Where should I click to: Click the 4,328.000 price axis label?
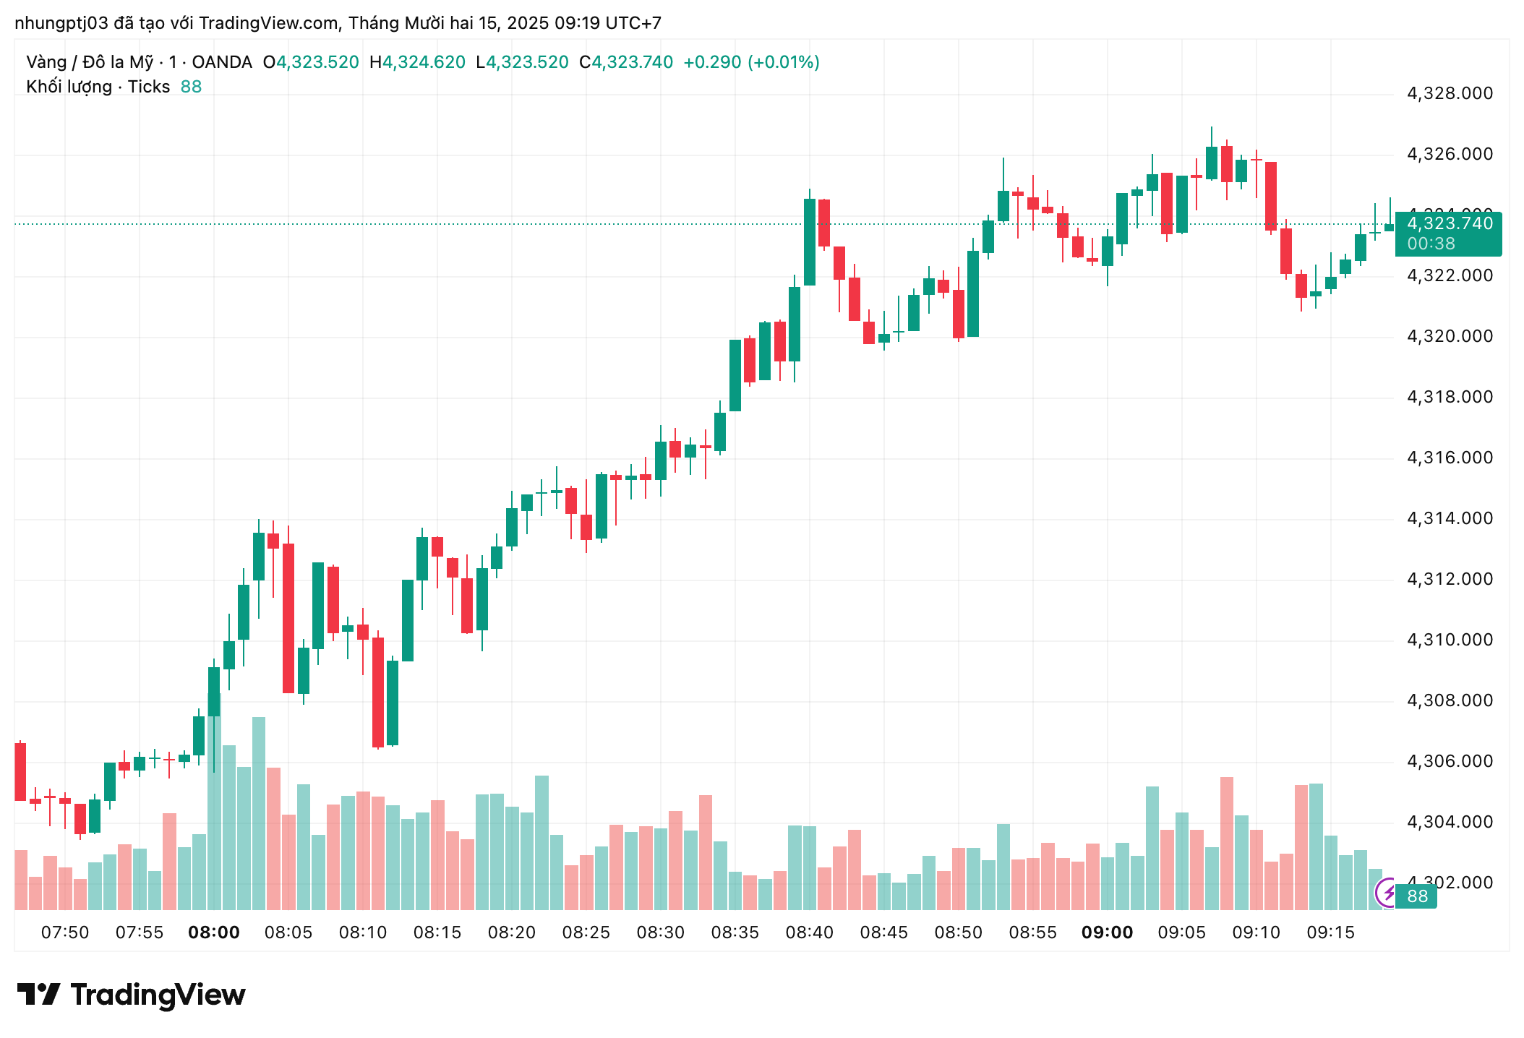1449,93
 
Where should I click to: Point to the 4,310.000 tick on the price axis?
1449,640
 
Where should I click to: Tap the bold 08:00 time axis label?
214,932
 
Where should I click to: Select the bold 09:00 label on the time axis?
1107,932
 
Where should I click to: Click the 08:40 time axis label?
809,932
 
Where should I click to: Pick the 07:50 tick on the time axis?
65,932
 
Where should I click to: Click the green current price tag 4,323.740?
1449,223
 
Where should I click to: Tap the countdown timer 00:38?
1431,244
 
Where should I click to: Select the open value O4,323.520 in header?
311,62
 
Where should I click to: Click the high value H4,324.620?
417,62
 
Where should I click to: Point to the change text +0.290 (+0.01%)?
751,62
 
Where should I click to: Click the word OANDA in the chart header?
222,62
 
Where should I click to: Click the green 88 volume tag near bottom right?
1417,896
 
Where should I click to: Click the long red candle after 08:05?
288,618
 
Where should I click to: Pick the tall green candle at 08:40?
810,242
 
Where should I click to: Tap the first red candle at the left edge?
20,771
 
